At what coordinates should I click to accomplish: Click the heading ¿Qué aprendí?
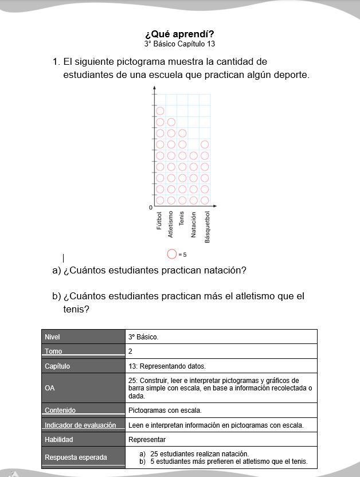(179, 33)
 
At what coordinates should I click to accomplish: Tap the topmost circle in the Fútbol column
(160, 111)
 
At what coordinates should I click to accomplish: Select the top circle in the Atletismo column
(171, 122)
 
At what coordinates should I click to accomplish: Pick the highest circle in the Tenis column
(182, 134)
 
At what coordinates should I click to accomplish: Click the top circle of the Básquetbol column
(205, 144)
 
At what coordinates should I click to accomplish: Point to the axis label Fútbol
(160, 221)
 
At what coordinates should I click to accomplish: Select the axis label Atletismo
(171, 224)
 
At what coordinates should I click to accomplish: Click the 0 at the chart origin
(150, 207)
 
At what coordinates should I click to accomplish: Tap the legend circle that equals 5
(171, 254)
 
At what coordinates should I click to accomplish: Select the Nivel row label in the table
(53, 337)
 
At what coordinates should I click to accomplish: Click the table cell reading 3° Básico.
(143, 337)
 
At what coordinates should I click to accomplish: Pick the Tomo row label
(53, 351)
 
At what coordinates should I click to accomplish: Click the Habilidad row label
(59, 439)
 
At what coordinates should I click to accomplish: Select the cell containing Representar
(147, 440)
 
